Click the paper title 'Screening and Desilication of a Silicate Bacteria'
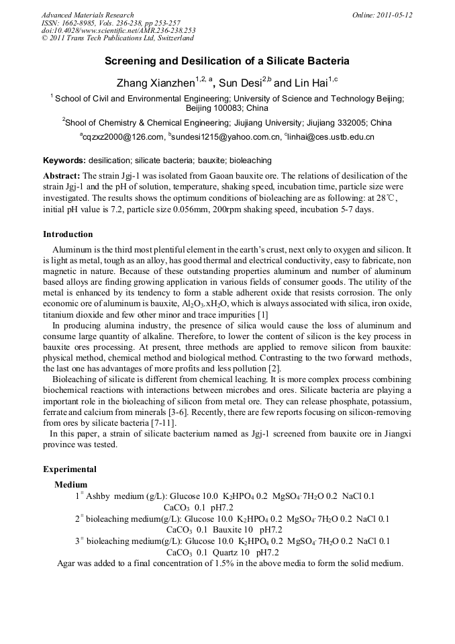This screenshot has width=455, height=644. click(x=227, y=61)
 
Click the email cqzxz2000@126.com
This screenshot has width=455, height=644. click(x=123, y=137)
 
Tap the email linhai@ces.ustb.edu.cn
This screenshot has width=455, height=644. click(x=331, y=137)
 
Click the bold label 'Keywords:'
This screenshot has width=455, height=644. click(x=64, y=160)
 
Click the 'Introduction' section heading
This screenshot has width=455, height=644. click(x=68, y=234)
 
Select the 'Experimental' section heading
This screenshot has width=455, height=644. click(x=70, y=469)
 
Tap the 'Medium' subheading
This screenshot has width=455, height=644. click(x=70, y=484)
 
